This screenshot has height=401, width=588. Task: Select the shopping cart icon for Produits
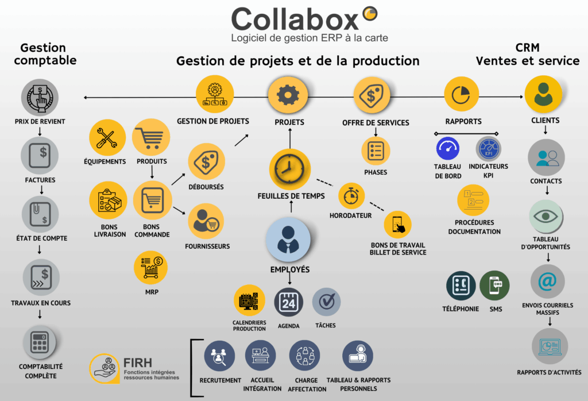tap(151, 137)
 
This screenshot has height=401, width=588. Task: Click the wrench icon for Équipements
tap(107, 137)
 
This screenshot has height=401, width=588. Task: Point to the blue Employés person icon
tap(288, 240)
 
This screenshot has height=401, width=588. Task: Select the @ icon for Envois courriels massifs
tap(547, 282)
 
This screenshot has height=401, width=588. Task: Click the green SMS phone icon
tap(494, 285)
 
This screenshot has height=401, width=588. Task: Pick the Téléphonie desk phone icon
tap(461, 285)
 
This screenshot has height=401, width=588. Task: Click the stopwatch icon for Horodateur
tap(351, 196)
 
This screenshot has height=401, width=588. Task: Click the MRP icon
tap(151, 266)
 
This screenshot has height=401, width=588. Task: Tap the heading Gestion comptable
tap(45, 53)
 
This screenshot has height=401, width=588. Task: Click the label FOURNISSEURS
tap(207, 246)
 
